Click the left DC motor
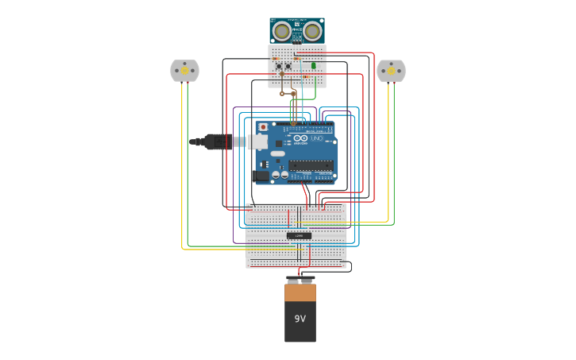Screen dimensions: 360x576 (184, 71)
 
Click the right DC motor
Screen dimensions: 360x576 (391, 71)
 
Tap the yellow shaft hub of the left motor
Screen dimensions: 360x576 (184, 71)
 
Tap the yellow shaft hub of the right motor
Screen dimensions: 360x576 (391, 71)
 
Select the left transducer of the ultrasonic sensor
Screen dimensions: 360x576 (281, 32)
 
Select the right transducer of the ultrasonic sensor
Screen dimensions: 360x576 (312, 32)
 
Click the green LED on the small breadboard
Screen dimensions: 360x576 (313, 66)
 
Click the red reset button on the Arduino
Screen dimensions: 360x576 (263, 127)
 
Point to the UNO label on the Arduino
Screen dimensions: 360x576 (316, 138)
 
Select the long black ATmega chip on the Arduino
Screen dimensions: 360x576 (311, 165)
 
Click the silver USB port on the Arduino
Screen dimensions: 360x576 (258, 141)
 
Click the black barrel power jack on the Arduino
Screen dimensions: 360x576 (260, 176)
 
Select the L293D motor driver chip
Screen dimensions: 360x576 (299, 235)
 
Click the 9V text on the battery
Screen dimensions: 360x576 (300, 319)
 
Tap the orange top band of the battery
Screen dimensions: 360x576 (300, 292)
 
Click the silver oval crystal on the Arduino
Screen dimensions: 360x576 (277, 153)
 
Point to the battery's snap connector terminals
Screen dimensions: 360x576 (300, 280)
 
